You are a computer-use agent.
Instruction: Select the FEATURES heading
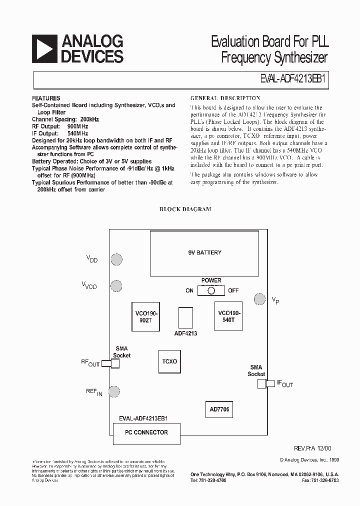click(x=46, y=98)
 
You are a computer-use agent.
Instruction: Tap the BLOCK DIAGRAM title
click(x=185, y=209)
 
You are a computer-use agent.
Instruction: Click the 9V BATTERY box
click(x=201, y=252)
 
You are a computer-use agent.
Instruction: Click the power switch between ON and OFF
click(x=211, y=290)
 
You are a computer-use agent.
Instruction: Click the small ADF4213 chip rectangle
click(x=185, y=317)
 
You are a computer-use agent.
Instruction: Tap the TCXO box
click(x=169, y=361)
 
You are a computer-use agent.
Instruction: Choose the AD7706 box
click(x=219, y=409)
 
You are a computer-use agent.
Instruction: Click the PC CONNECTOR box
click(x=146, y=432)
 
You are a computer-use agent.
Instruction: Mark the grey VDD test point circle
click(x=116, y=259)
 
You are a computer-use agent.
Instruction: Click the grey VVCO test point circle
click(x=116, y=286)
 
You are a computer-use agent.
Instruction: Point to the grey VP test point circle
click(x=259, y=299)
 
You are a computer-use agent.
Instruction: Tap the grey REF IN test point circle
click(x=114, y=391)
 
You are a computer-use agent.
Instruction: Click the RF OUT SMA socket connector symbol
click(x=110, y=363)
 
